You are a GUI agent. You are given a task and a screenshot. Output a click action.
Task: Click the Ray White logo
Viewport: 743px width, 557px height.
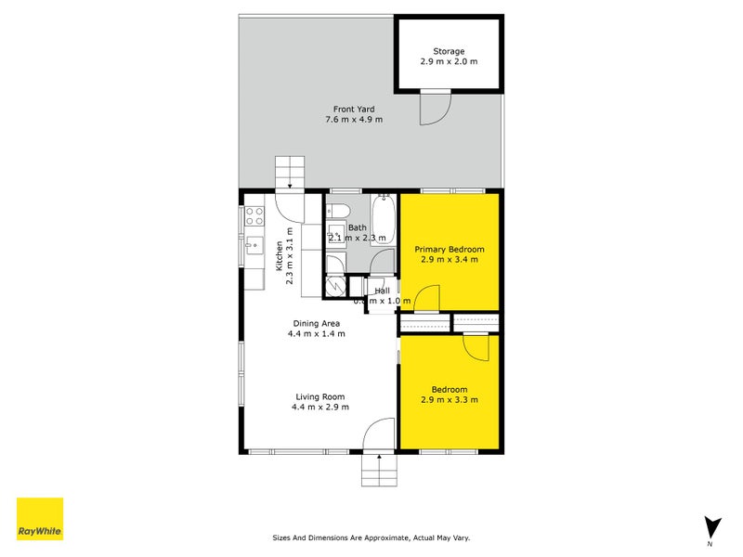[x=40, y=519]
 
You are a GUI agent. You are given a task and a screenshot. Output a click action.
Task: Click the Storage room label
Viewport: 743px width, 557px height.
[x=449, y=51]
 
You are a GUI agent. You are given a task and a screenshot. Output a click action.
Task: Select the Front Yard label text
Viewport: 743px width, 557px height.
[x=354, y=109]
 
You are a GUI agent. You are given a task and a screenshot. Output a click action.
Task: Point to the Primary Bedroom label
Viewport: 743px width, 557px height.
[x=450, y=250]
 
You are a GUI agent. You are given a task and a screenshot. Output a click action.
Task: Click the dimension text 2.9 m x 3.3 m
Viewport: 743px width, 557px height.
[x=450, y=400]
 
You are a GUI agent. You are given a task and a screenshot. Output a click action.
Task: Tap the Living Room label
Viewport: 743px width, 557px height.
[x=319, y=396]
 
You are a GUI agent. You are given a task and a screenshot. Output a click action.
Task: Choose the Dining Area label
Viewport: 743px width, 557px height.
[x=318, y=324]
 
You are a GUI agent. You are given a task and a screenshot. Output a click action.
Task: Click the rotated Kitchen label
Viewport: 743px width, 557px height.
[x=278, y=255]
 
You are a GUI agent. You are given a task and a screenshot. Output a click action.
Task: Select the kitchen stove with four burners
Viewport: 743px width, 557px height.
[x=254, y=217]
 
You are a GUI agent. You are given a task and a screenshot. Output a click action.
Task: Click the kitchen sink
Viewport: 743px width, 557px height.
[x=254, y=248]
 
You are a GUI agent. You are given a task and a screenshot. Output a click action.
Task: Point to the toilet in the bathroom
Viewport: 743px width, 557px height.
[x=339, y=208]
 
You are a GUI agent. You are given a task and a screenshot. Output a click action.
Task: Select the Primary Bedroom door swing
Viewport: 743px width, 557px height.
[x=426, y=300]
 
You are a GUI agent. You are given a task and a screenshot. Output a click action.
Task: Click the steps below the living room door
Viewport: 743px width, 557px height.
[x=379, y=471]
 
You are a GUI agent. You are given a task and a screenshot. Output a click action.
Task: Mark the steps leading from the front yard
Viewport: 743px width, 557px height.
[x=290, y=173]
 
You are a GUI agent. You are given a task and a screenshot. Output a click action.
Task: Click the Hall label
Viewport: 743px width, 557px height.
[x=382, y=291]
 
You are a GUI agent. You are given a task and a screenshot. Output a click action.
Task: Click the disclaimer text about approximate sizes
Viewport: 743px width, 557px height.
[x=377, y=538]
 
